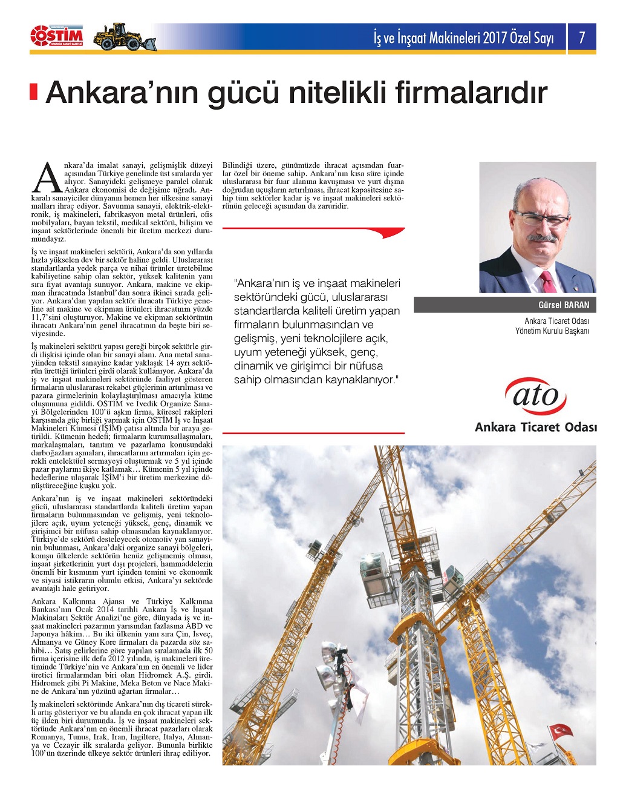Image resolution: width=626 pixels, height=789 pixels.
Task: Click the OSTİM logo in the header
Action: (57, 37)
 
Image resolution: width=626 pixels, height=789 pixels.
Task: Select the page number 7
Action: (582, 38)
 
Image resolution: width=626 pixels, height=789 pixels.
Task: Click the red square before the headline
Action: (34, 91)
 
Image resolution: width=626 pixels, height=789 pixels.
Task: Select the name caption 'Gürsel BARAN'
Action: (563, 305)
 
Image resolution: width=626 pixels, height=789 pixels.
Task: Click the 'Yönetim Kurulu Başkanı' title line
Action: (552, 331)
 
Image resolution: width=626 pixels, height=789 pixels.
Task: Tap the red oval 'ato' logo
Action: (536, 396)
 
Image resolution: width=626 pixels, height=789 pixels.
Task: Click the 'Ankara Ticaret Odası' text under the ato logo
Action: (535, 428)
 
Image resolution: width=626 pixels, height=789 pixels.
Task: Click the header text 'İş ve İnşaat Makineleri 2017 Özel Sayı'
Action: (464, 38)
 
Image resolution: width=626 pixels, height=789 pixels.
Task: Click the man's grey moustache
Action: (541, 238)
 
